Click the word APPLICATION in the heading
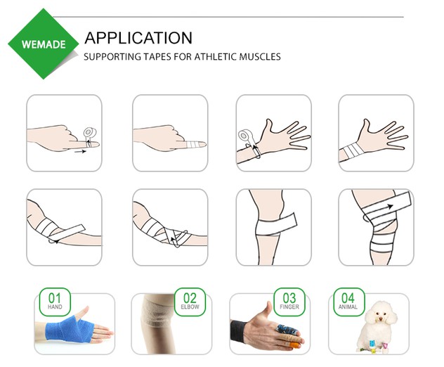[138, 38]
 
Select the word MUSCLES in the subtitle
[259, 57]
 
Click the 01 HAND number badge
[55, 301]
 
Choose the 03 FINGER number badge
[289, 301]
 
